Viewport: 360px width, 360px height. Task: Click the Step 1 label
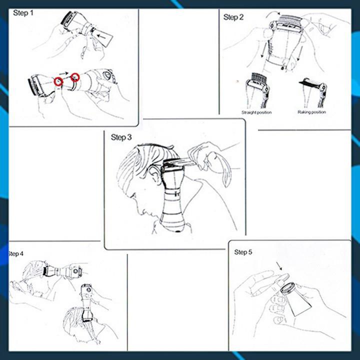tap(23, 13)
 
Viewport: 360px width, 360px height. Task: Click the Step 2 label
tap(233, 17)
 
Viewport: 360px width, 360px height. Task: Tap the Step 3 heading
tap(121, 137)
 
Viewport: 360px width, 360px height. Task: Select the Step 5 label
tap(243, 252)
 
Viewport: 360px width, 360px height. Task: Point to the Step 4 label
tap(15, 253)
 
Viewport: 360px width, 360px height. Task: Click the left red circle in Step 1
tap(58, 81)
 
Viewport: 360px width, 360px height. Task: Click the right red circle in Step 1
tap(75, 77)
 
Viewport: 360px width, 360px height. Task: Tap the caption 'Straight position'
tap(256, 112)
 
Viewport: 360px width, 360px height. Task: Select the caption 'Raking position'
tap(312, 112)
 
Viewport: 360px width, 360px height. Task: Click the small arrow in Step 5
tap(279, 266)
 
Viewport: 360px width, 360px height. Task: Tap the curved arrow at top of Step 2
tap(272, 14)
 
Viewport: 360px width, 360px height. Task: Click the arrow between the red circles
tap(64, 73)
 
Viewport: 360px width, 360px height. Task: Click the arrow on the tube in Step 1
tap(101, 36)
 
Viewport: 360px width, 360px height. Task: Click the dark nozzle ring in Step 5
tap(288, 288)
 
